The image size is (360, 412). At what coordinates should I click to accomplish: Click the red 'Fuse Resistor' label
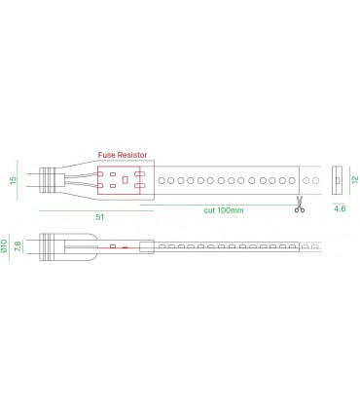123,155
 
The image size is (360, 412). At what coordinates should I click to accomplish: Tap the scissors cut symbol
300,205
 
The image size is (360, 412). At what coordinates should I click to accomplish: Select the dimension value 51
100,217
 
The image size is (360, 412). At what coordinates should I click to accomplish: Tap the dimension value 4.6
340,208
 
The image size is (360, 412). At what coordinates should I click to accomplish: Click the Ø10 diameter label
8,246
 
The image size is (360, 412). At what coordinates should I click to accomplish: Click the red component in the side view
115,247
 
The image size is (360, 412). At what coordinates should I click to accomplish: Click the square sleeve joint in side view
146,247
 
